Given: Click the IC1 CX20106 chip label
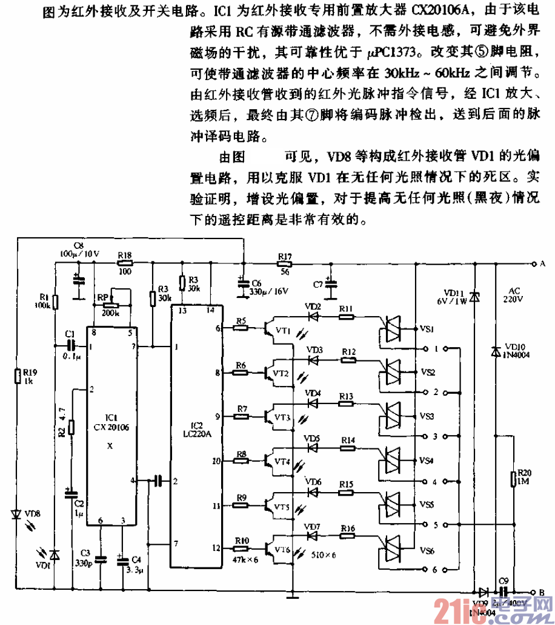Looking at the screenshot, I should [110, 422].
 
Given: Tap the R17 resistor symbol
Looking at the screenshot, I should [285, 265].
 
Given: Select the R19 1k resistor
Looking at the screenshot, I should [18, 376].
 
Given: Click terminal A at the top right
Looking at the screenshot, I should [534, 265].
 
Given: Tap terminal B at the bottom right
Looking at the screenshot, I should [534, 592].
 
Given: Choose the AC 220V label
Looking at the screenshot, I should [514, 294].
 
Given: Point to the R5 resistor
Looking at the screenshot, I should [241, 328].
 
